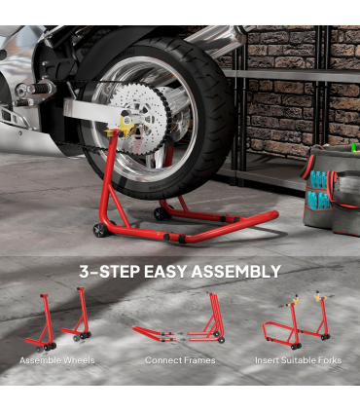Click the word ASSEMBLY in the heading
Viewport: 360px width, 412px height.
pos(235,272)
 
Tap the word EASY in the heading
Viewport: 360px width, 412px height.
pos(165,272)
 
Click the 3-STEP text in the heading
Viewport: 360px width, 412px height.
pos(109,272)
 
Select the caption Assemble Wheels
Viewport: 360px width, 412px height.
pos(57,360)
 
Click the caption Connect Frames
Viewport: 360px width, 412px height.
pos(180,360)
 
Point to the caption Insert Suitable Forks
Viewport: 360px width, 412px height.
pos(298,360)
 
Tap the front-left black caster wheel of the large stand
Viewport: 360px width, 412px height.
pos(99,230)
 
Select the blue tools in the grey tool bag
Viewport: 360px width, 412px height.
pos(319,188)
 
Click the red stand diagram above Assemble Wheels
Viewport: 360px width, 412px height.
pos(57,319)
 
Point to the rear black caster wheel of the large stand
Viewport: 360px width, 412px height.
pos(161,213)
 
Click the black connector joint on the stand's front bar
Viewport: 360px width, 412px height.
pos(182,239)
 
